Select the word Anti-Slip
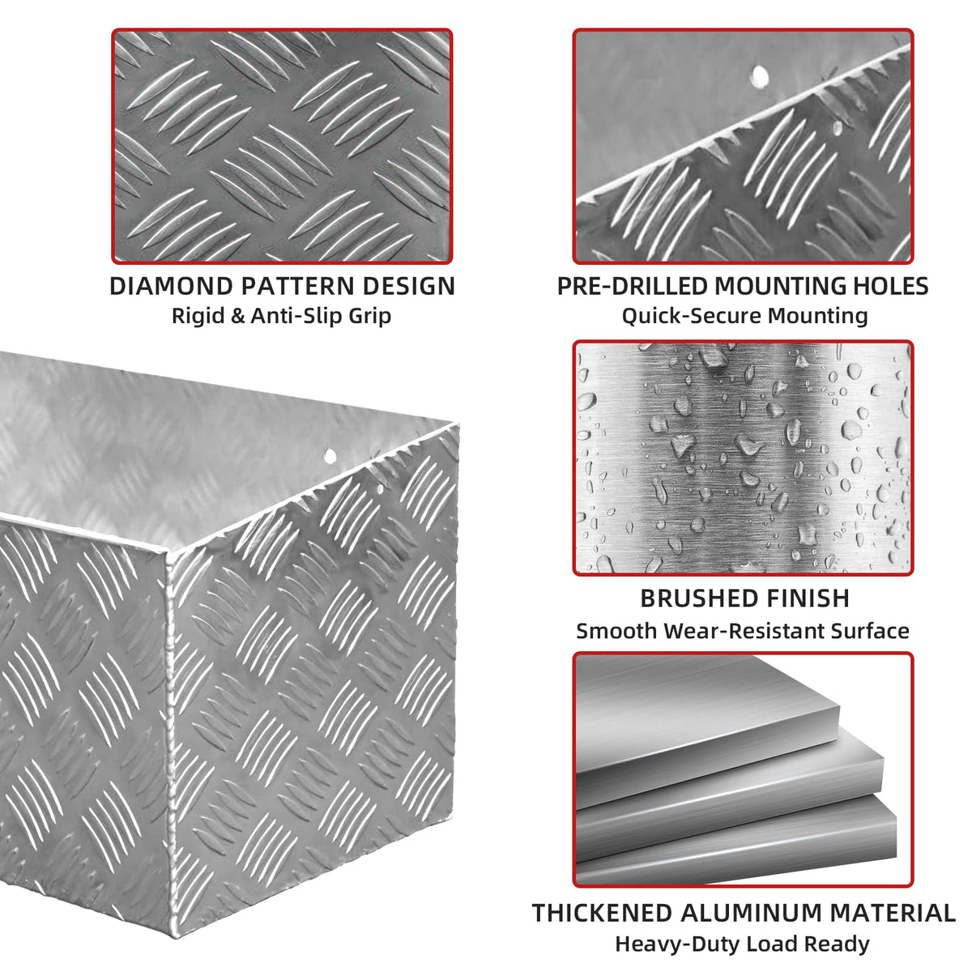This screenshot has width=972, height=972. (x=293, y=316)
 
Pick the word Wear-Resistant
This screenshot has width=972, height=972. (x=745, y=631)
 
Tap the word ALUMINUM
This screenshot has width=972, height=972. (x=751, y=913)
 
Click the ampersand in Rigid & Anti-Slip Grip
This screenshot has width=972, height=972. (x=237, y=316)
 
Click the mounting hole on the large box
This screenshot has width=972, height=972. (x=330, y=456)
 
